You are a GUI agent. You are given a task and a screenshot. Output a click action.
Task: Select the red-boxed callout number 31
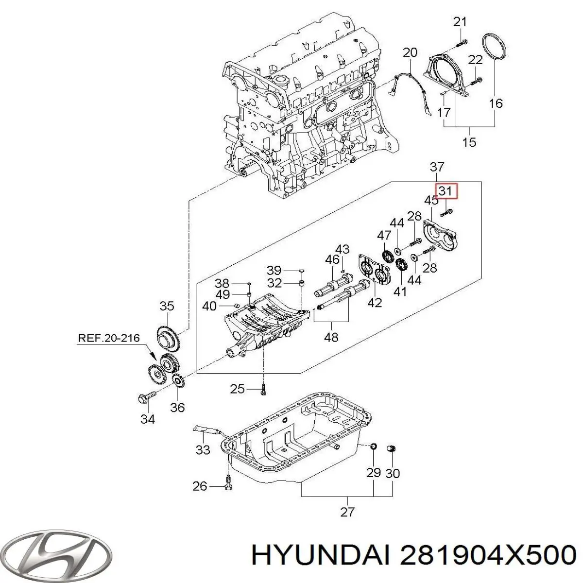(x=445, y=191)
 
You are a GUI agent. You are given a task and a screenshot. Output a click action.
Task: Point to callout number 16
(x=495, y=103)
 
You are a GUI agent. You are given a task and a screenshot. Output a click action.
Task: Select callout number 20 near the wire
(x=411, y=52)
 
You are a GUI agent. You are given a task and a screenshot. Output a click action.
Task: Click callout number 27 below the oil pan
(x=347, y=511)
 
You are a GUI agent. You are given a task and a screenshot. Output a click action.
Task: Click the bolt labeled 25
(x=263, y=389)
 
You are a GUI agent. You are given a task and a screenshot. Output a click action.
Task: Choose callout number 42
(x=375, y=302)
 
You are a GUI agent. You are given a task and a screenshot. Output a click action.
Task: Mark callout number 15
(x=469, y=142)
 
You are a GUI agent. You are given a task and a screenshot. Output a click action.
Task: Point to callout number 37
(x=437, y=167)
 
